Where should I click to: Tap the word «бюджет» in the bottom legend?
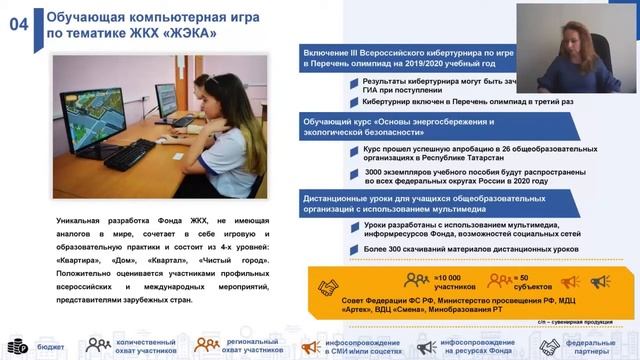(x=50, y=347)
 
